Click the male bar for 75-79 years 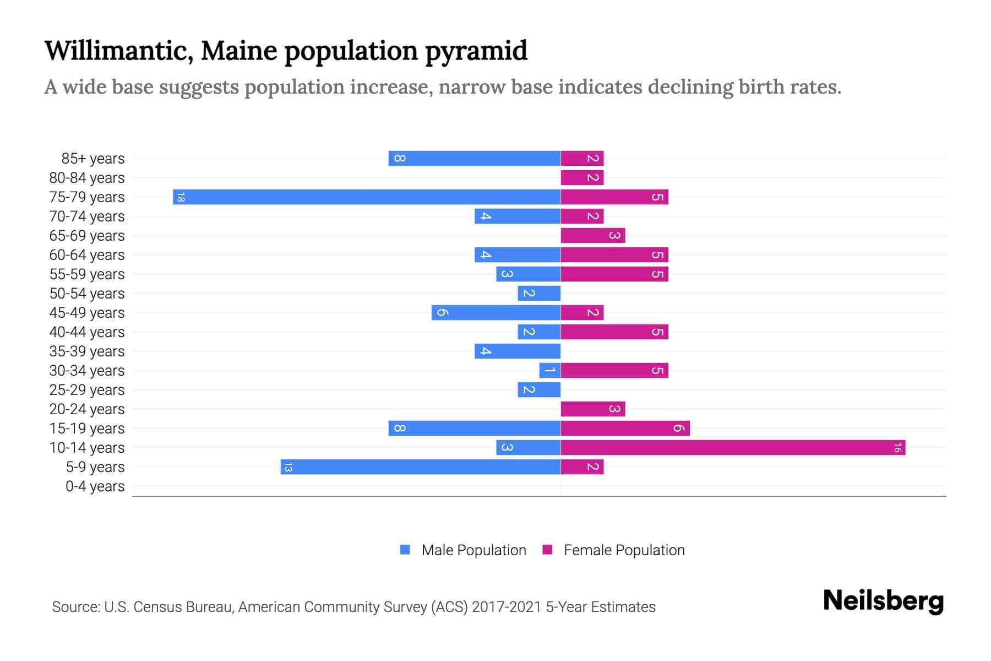pos(367,197)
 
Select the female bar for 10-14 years pos(732,448)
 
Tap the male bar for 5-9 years pos(421,467)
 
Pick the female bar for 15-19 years pos(625,429)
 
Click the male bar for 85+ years pos(475,159)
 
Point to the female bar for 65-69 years pos(593,236)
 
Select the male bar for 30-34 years pos(549,371)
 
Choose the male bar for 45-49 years pos(496,313)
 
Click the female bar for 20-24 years pos(593,409)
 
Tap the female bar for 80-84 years pos(582,178)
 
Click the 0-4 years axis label pos(95,486)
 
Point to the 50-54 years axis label pos(87,294)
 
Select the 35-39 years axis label pos(87,351)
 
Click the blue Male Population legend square pos(405,550)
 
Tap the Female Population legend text pos(624,550)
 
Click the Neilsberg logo pos(883,601)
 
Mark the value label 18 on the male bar pos(181,197)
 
